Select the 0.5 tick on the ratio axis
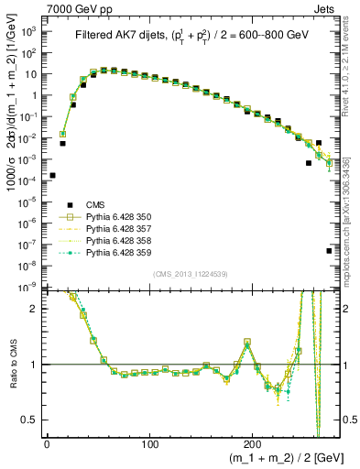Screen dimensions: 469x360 pos(32,420)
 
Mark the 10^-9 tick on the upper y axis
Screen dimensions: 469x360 pos(29,288)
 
